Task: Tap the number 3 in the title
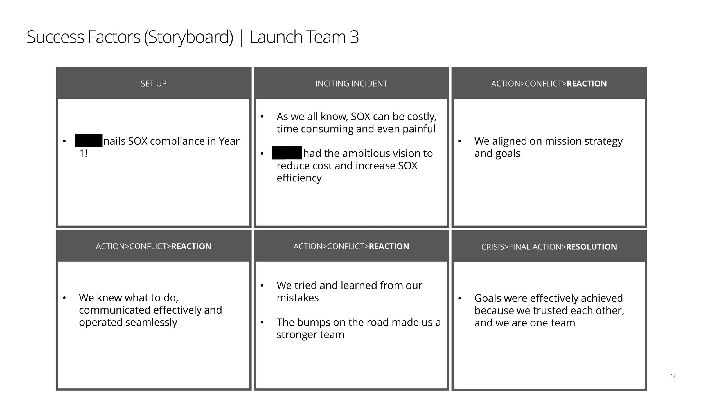point(354,37)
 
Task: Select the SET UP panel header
point(154,83)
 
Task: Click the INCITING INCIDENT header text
point(351,83)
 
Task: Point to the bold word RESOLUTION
point(591,247)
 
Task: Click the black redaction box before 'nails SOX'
point(89,140)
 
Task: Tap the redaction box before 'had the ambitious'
point(287,153)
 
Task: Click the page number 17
point(673,376)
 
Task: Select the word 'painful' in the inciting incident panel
point(419,129)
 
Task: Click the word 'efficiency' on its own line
point(299,178)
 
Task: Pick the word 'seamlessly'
point(151,322)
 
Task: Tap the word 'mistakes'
point(298,298)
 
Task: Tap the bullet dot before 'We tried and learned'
point(262,286)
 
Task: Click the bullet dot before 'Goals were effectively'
point(459,298)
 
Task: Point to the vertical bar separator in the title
point(241,38)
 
